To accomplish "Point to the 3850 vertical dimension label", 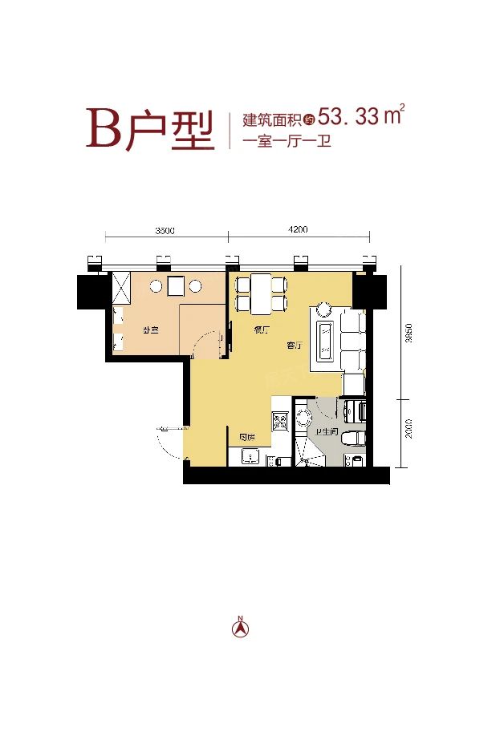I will pyautogui.click(x=409, y=334).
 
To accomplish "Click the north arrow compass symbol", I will pyautogui.click(x=239, y=627).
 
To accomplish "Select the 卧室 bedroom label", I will pyautogui.click(x=149, y=330).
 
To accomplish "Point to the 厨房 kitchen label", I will pyautogui.click(x=247, y=437).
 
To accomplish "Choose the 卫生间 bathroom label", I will pyautogui.click(x=325, y=434).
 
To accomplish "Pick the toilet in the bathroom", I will pyautogui.click(x=352, y=439).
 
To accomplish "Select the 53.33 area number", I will pyautogui.click(x=348, y=117).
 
